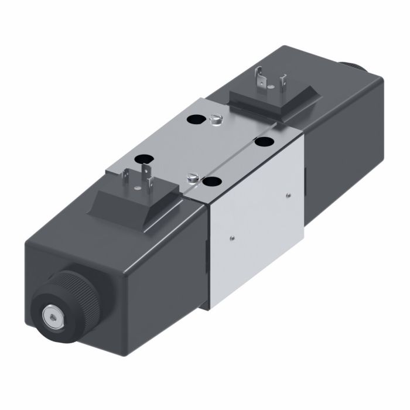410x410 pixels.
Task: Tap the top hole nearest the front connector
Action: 142,159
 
